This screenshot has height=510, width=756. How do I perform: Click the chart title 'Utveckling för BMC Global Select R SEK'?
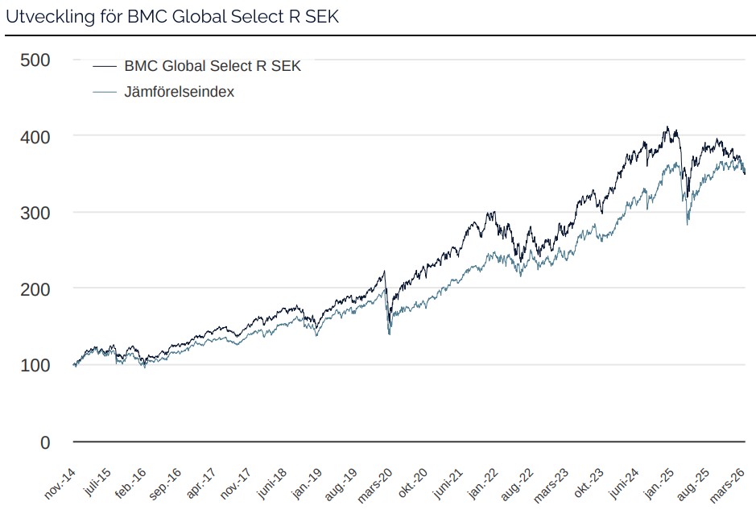[x=172, y=17]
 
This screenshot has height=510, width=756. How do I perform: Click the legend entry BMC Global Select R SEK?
[x=212, y=66]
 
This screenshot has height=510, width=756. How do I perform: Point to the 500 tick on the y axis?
[x=35, y=60]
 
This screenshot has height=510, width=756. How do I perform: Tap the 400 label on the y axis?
[x=35, y=137]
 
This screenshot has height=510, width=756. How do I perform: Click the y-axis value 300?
[x=35, y=213]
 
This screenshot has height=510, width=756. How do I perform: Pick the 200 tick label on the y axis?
[x=35, y=289]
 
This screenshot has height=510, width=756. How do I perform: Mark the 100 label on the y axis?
[x=35, y=366]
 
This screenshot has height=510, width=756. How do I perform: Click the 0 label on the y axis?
[x=45, y=442]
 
